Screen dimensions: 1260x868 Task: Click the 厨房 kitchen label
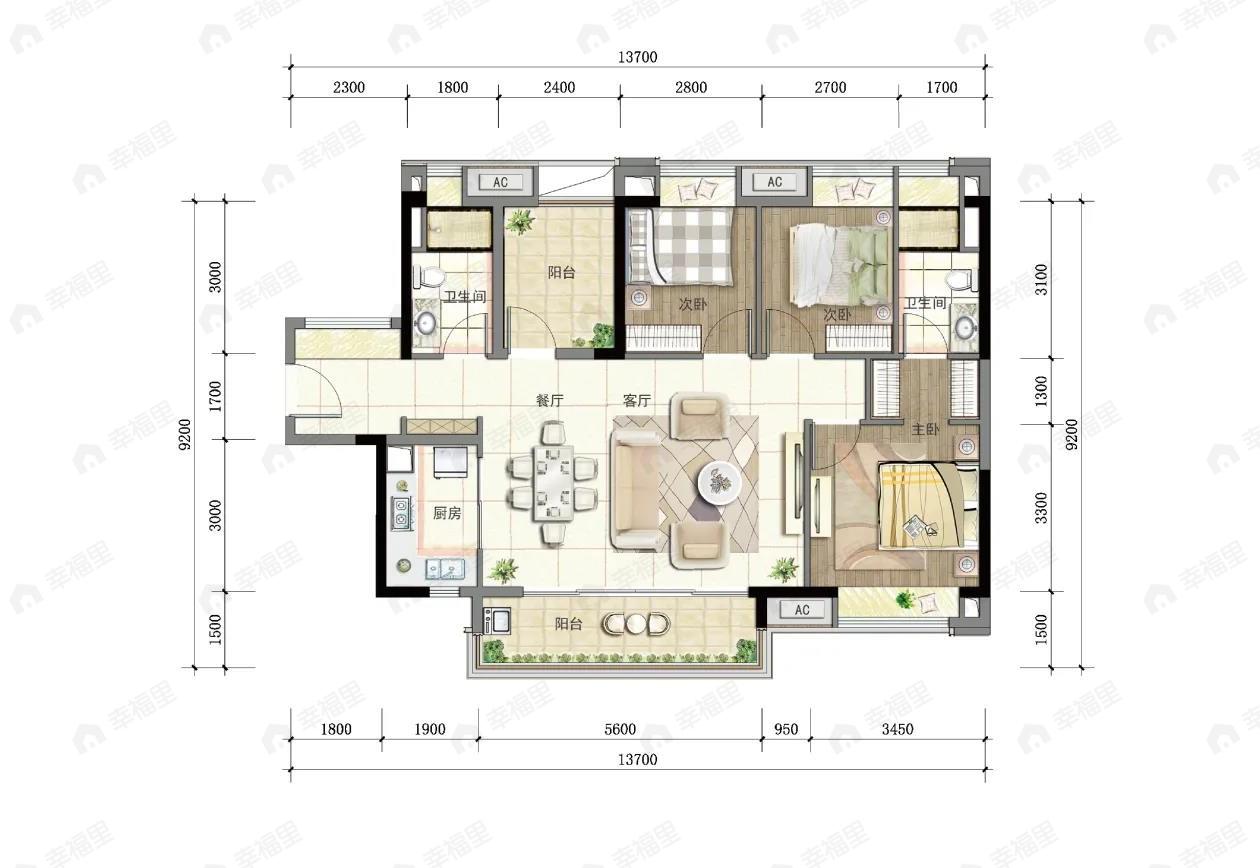pos(447,513)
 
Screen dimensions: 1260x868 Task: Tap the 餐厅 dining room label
pos(550,401)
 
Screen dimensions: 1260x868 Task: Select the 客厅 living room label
pos(637,401)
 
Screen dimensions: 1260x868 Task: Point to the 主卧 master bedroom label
pos(925,430)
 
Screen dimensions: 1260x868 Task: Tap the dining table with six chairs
pos(554,483)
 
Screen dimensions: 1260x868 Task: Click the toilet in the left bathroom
pos(429,276)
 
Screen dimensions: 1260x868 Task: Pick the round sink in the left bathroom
pos(425,322)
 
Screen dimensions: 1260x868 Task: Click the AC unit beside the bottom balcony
pos(802,610)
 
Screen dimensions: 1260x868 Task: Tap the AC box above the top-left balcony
pos(500,182)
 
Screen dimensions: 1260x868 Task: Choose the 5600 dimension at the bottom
pos(620,729)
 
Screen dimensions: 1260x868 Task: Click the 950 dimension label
pos(786,729)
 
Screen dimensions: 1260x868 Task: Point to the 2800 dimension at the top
pos(691,87)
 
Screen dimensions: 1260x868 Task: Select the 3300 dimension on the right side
pos(1041,507)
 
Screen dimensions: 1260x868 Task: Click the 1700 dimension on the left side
pos(215,396)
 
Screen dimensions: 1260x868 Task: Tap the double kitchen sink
pos(444,569)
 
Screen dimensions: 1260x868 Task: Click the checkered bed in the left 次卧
pos(681,246)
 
